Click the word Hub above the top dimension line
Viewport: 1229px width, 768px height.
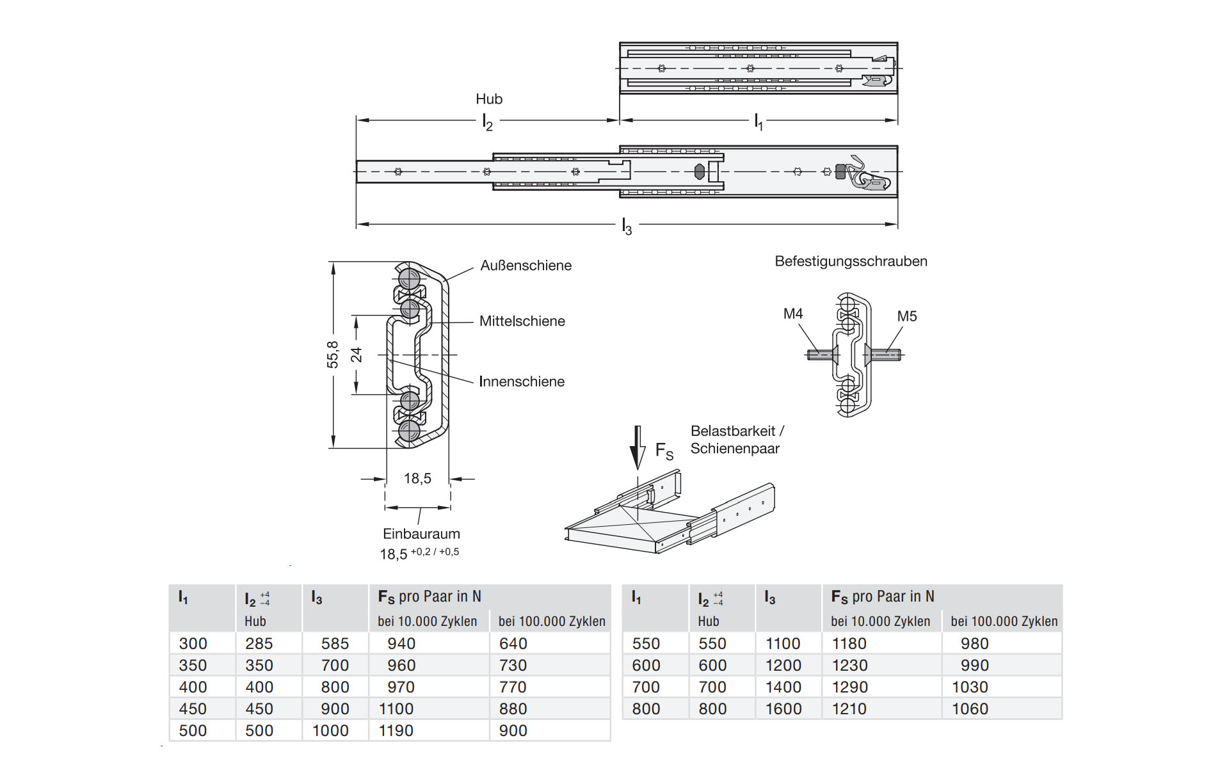(489, 99)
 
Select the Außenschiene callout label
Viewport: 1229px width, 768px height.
(526, 266)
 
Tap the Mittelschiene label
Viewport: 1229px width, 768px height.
(522, 321)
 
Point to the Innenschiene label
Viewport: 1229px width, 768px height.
(522, 381)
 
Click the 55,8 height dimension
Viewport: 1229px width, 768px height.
(333, 355)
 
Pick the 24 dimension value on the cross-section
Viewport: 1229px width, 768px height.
(357, 355)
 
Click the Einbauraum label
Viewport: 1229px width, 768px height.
(421, 534)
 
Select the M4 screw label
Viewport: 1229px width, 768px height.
(793, 314)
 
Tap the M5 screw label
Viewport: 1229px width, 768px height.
(907, 316)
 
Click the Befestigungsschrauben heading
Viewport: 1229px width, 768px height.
(851, 261)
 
